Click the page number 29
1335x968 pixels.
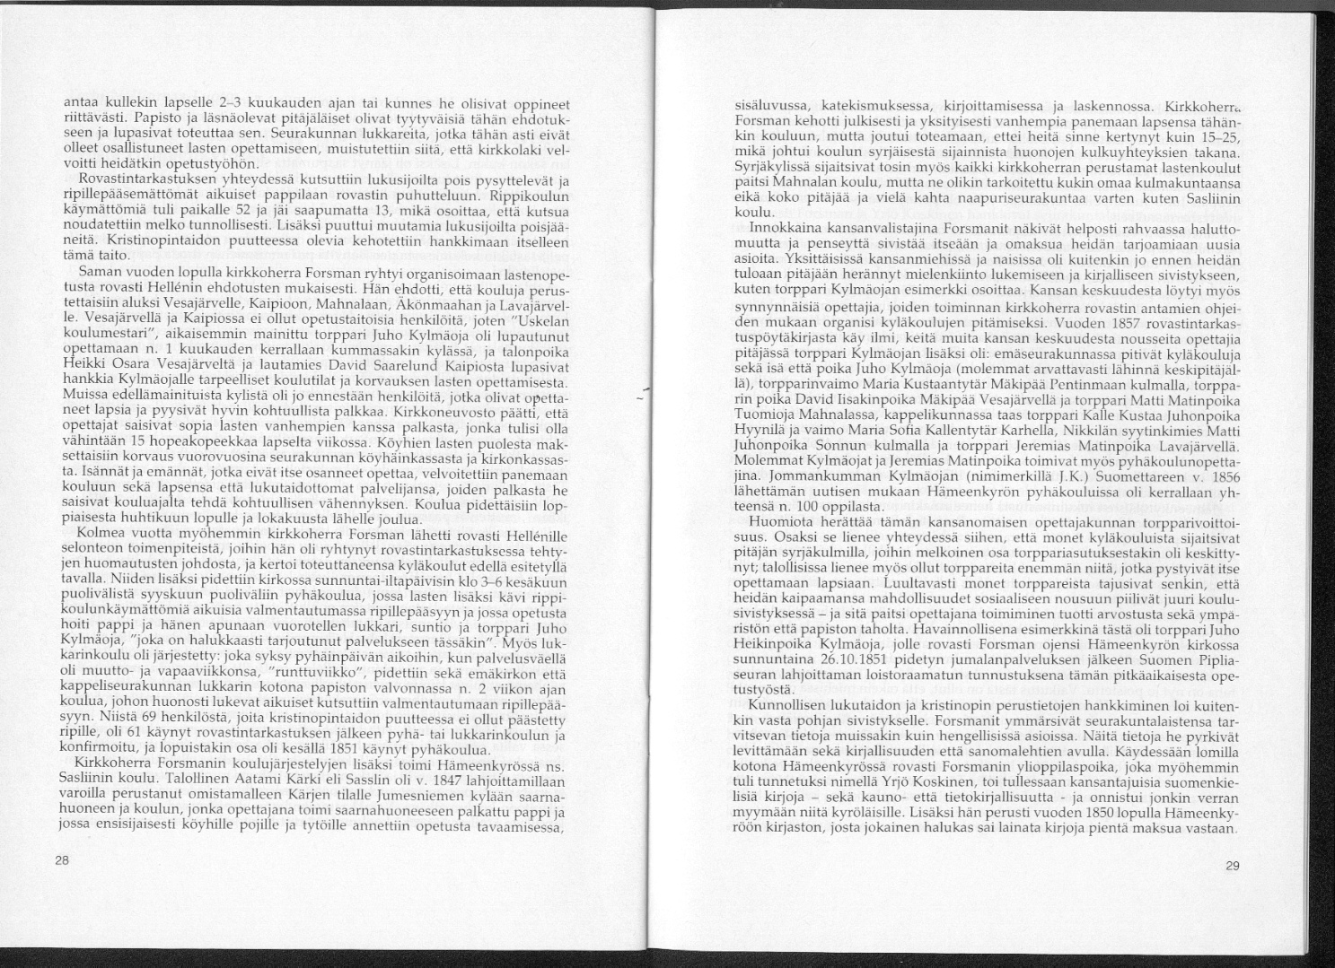1231,866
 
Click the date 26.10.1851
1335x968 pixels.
827,661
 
